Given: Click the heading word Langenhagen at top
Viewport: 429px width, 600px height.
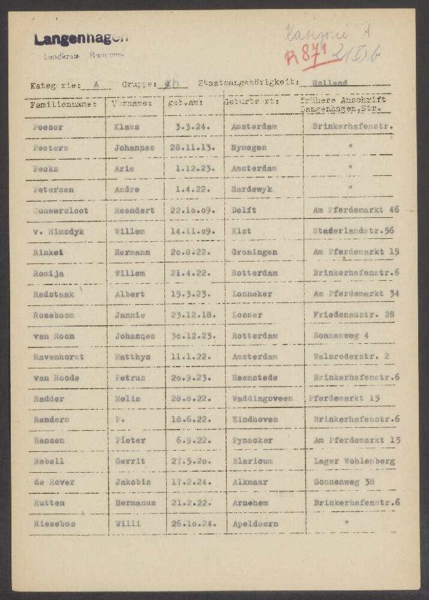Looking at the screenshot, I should (81, 40).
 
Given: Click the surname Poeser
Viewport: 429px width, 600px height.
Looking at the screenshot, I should (48, 127).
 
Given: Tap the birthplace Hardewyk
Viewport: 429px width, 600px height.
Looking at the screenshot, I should (252, 190).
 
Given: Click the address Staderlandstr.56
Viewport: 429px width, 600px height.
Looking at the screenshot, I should (353, 231).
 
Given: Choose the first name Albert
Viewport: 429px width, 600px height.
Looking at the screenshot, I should (130, 294).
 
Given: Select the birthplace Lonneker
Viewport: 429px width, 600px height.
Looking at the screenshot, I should (252, 294).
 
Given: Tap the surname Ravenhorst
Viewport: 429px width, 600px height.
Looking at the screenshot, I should (58, 356).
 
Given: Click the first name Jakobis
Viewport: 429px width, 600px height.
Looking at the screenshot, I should (133, 482).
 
